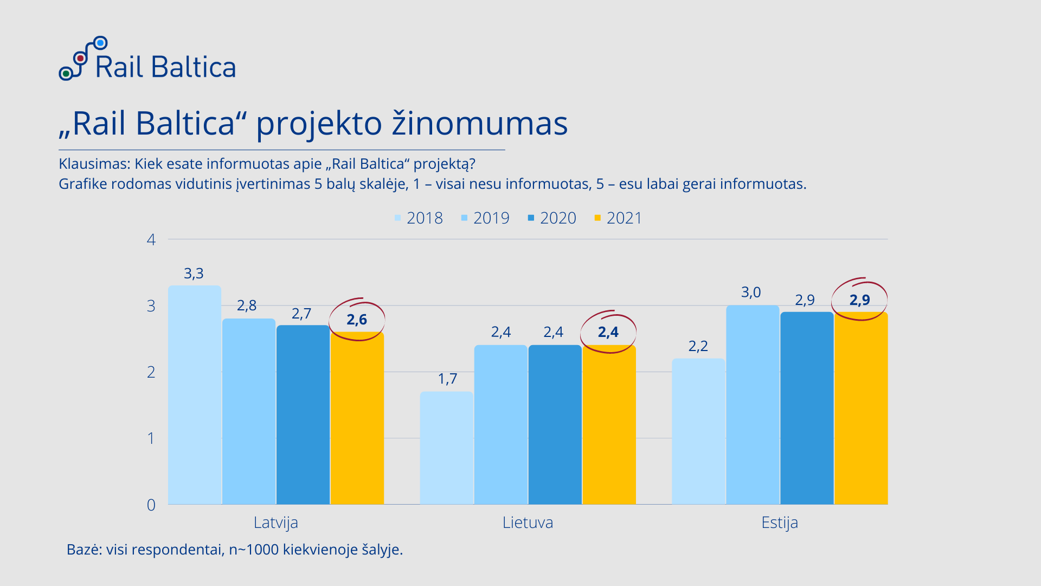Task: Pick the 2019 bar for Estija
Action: pyautogui.click(x=752, y=404)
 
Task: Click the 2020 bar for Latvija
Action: pyautogui.click(x=303, y=415)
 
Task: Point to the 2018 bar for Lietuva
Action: pyautogui.click(x=446, y=448)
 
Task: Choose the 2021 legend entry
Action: pyautogui.click(x=618, y=218)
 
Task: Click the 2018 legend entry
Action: pyautogui.click(x=419, y=218)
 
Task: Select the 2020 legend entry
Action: pyautogui.click(x=552, y=218)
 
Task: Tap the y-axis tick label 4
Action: pyautogui.click(x=151, y=239)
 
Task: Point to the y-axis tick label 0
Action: pyautogui.click(x=151, y=505)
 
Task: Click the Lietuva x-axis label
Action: pyautogui.click(x=528, y=523)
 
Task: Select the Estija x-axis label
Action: pyautogui.click(x=779, y=523)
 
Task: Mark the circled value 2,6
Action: pyautogui.click(x=357, y=320)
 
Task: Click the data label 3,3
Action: pyautogui.click(x=194, y=273)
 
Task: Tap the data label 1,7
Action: pyautogui.click(x=447, y=379)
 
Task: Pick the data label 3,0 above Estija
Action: pyautogui.click(x=751, y=292)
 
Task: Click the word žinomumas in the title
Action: pyautogui.click(x=479, y=123)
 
